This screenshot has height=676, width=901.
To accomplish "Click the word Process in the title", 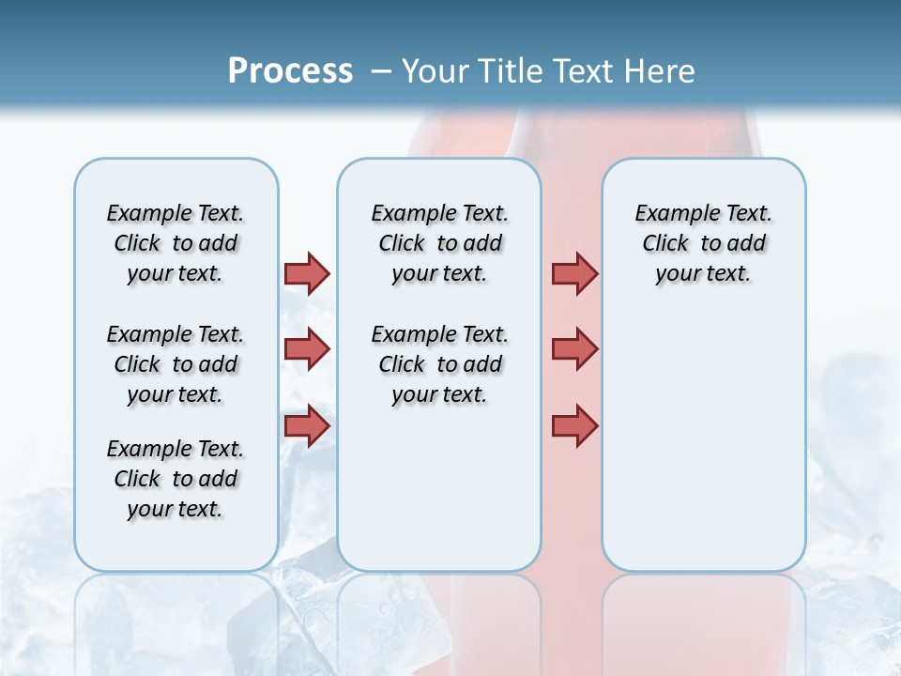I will (x=290, y=70).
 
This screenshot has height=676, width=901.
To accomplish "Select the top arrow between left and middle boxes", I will (x=307, y=273).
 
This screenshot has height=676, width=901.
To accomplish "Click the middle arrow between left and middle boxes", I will (x=307, y=349).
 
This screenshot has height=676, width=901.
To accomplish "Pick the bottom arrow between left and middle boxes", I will (x=307, y=425).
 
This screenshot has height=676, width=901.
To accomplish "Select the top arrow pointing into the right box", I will (x=574, y=273).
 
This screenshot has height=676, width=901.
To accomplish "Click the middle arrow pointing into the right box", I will (x=574, y=349).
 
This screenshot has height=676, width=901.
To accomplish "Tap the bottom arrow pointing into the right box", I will (x=574, y=425).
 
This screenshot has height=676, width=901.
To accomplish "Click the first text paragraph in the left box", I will (x=176, y=243).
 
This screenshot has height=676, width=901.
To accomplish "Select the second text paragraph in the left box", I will (x=176, y=364).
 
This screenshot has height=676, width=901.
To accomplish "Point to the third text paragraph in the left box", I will (x=176, y=479).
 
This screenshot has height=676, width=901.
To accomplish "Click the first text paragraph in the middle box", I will (x=439, y=243).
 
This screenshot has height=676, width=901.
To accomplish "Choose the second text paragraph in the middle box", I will (x=439, y=364).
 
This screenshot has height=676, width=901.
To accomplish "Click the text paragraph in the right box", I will (x=703, y=243).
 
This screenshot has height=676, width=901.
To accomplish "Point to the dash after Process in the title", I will (x=381, y=71).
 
